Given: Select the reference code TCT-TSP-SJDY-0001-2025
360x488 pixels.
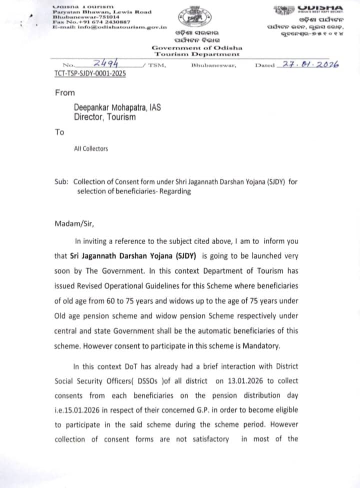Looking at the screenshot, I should [x=90, y=74].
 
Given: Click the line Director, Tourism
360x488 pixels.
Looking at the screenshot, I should [x=104, y=117].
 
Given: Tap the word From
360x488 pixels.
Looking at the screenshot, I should [x=64, y=93].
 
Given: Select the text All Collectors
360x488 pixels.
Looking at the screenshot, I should [x=90, y=149].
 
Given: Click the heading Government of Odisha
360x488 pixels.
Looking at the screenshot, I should [x=197, y=48].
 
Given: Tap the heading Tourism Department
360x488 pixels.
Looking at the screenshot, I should [x=197, y=54].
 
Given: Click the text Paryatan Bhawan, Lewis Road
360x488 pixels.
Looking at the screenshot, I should [x=102, y=11].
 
